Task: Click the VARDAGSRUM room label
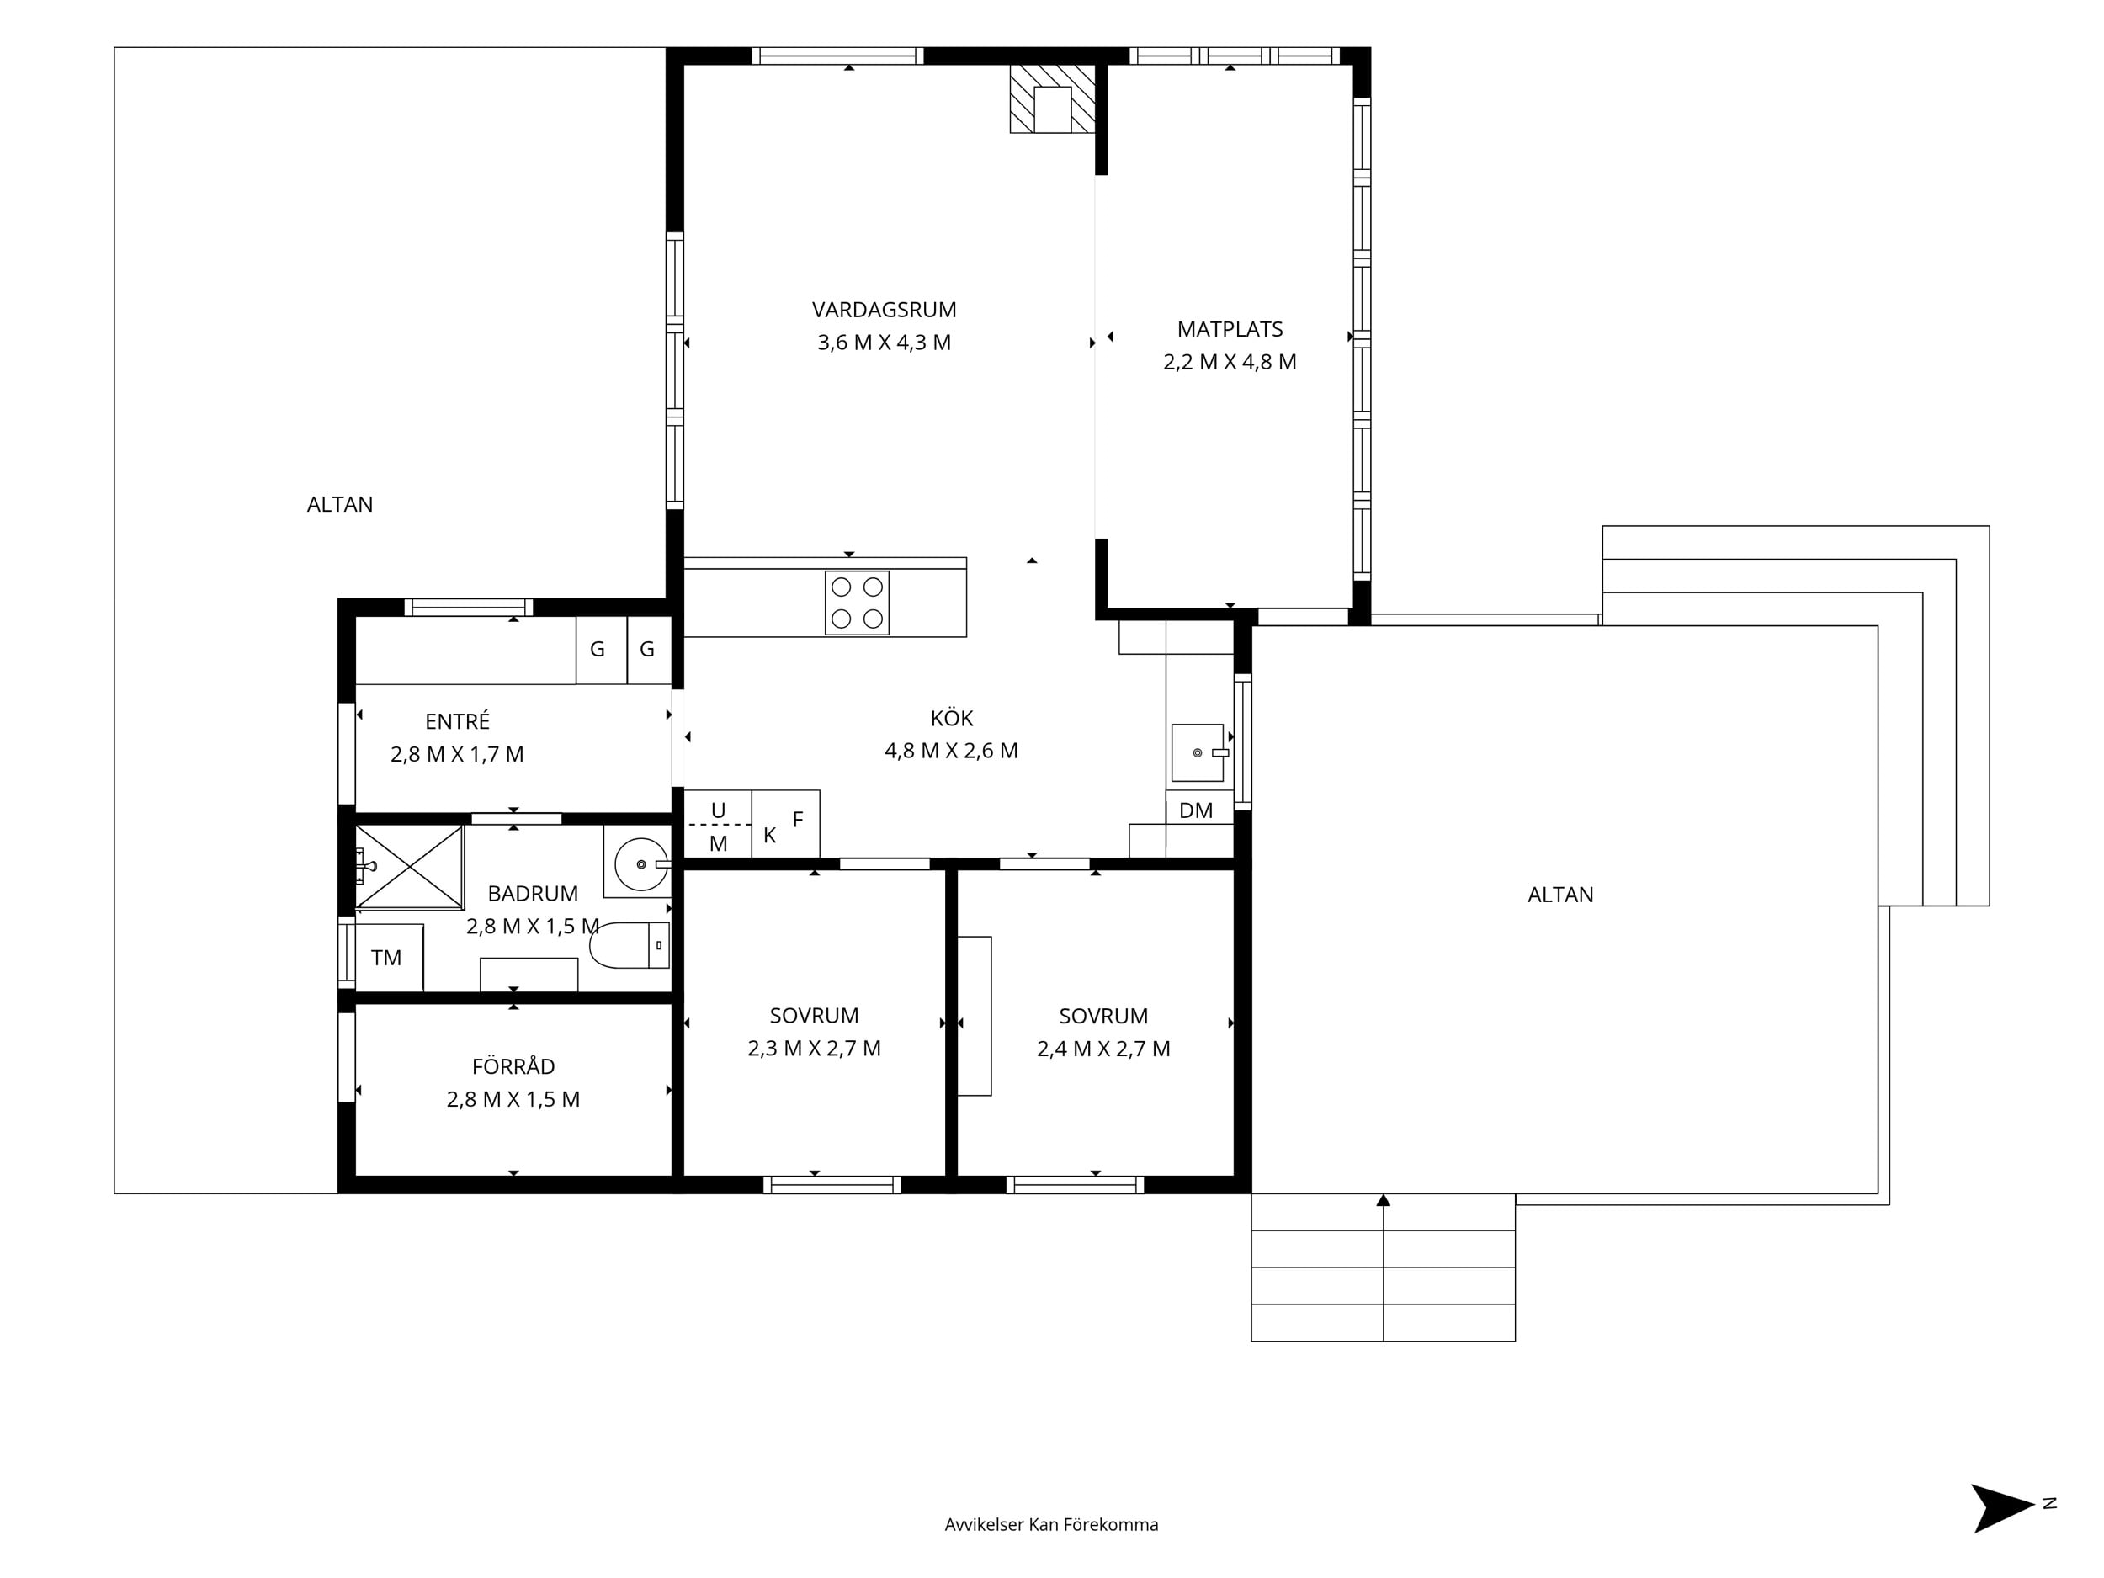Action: pos(884,309)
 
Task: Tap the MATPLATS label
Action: pos(1230,329)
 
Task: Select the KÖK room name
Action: pos(951,717)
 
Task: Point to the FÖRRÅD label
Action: pos(513,1065)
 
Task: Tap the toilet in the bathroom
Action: pos(629,944)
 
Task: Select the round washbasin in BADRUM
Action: pos(641,863)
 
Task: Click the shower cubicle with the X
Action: pos(409,867)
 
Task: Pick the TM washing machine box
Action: pos(389,957)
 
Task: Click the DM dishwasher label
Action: pos(1196,810)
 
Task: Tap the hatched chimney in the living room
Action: pos(1052,99)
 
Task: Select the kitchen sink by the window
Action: pos(1198,752)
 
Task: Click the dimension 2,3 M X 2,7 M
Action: pos(814,1048)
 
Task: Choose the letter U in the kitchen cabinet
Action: pos(718,810)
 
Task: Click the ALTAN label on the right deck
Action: pos(1560,894)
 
